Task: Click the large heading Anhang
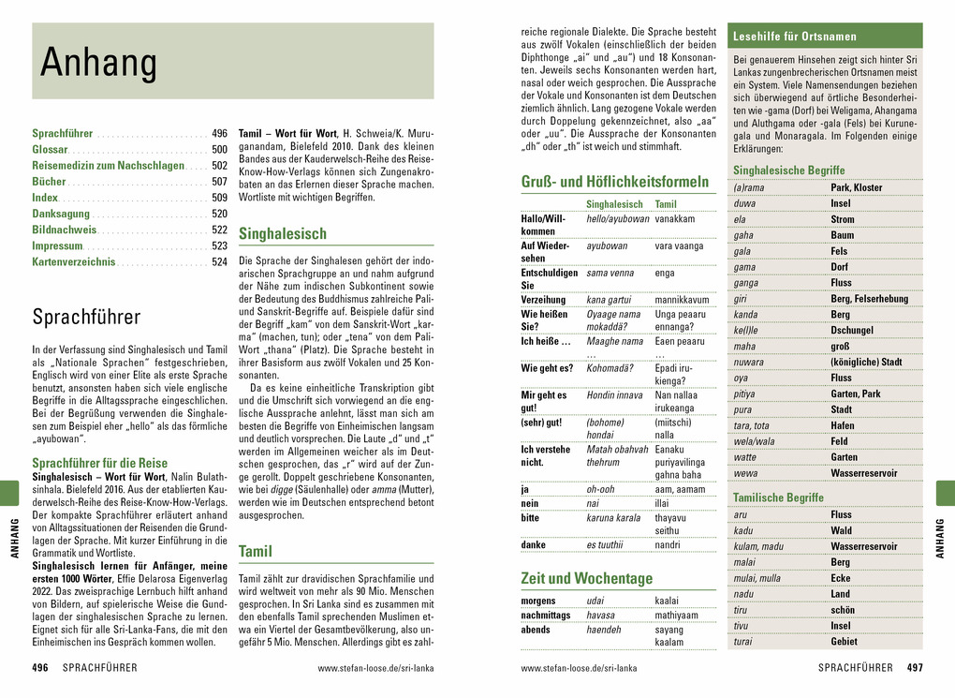tap(98, 63)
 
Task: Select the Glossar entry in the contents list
tap(50, 150)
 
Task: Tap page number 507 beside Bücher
tap(219, 182)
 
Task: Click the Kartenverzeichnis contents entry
tap(74, 261)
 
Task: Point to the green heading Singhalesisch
tap(283, 233)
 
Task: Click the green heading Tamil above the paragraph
tap(256, 551)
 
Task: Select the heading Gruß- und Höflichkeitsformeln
tap(614, 182)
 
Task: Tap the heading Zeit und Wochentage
tap(587, 578)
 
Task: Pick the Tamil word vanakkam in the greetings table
tap(675, 218)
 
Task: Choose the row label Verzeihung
tap(544, 300)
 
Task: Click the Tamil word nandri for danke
tap(668, 544)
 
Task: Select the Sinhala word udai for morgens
tap(595, 601)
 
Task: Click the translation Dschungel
tap(852, 331)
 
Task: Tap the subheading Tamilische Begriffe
tap(778, 498)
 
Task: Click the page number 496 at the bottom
tap(40, 668)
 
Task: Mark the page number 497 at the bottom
tap(915, 668)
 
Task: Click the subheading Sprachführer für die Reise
tap(100, 463)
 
